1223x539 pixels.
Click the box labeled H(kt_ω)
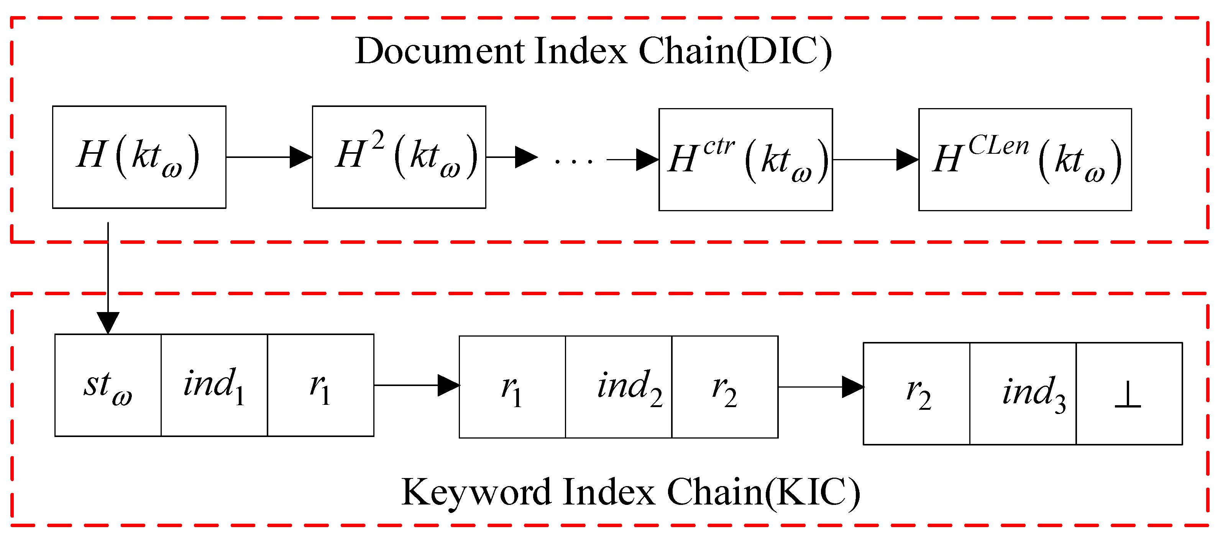tap(139, 157)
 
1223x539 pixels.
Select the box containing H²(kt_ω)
tap(399, 157)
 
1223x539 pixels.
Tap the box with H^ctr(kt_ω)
tap(745, 159)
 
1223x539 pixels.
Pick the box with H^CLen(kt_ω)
tap(1024, 159)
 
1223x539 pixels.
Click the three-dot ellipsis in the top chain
tap(573, 161)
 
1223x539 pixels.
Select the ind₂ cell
tap(618, 387)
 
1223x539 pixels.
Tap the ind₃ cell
tap(1022, 394)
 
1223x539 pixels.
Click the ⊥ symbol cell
tap(1128, 394)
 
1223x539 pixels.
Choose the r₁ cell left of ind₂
tap(512, 387)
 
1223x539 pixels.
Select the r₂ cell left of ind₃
tap(916, 394)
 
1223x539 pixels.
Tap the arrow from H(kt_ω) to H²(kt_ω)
tap(269, 157)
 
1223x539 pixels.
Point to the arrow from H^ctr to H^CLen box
tap(875, 159)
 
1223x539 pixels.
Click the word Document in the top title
tap(440, 51)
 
